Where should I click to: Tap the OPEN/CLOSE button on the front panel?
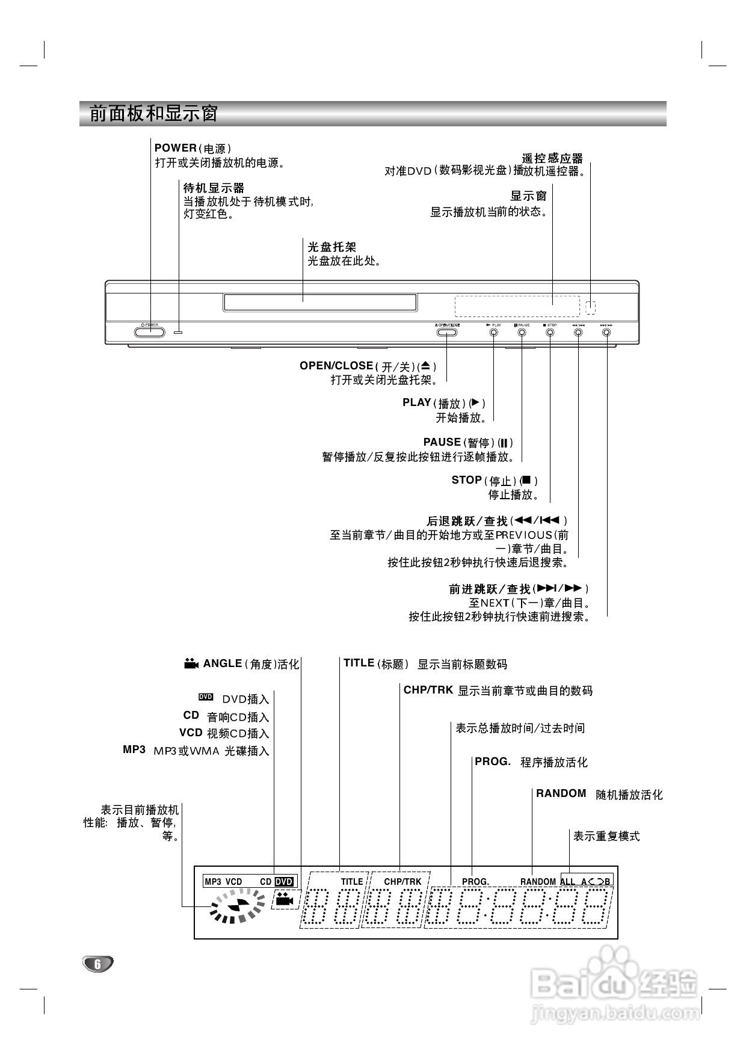[x=447, y=332]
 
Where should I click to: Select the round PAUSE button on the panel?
[x=522, y=332]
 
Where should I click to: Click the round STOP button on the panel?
[x=550, y=332]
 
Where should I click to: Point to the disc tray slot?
[x=320, y=302]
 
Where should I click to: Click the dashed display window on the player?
[x=517, y=306]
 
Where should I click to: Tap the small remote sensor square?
[x=590, y=307]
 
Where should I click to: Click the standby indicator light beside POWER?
[x=179, y=332]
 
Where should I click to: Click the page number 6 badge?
[x=97, y=964]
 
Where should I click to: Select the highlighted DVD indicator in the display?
[x=284, y=882]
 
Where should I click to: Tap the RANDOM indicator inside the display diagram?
[x=538, y=882]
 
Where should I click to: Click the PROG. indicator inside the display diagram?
[x=475, y=882]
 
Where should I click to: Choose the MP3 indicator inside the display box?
[x=213, y=882]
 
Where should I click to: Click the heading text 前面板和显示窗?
[x=153, y=114]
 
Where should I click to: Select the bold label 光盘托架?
[x=331, y=247]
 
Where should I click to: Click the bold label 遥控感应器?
[x=552, y=159]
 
